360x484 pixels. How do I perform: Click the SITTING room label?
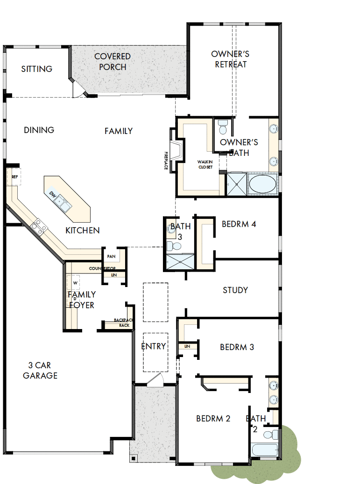(37, 69)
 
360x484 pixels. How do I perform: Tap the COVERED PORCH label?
(113, 62)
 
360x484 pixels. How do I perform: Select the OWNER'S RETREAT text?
(230, 59)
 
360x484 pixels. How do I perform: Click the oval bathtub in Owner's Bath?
(262, 183)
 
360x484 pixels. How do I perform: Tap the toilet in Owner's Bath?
(223, 128)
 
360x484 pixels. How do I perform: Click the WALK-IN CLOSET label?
(205, 164)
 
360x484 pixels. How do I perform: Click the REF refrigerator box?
(14, 177)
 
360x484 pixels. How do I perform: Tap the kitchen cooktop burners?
(39, 227)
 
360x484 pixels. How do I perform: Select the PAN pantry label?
(111, 257)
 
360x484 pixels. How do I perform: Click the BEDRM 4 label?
(239, 224)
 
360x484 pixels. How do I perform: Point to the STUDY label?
(235, 290)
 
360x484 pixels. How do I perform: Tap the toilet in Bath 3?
(176, 246)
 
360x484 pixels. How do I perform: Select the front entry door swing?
(155, 380)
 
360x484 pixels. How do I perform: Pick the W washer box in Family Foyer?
(74, 282)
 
